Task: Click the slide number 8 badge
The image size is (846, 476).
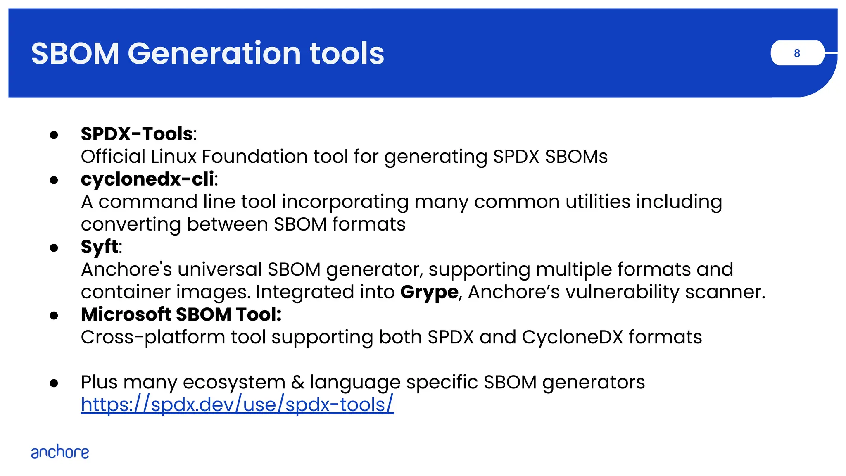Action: (x=797, y=53)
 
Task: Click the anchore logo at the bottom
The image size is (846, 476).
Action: (x=60, y=452)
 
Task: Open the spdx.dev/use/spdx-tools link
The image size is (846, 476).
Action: (x=237, y=405)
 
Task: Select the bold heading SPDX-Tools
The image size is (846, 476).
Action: (x=137, y=134)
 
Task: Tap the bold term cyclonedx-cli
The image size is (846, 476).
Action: (x=147, y=179)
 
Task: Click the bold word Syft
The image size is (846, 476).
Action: (x=100, y=247)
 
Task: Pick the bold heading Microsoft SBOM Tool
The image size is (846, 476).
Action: (x=181, y=314)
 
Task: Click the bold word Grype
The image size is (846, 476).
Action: (x=429, y=292)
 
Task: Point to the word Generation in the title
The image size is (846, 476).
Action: (x=214, y=54)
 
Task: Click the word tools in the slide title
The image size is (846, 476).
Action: (x=347, y=54)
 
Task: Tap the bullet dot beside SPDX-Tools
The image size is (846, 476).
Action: (x=54, y=135)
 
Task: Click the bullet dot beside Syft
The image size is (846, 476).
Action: (x=54, y=248)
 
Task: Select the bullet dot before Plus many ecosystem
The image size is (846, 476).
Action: (x=54, y=383)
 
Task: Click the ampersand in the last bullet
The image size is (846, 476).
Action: (x=297, y=382)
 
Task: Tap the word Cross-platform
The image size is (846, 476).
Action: (x=153, y=337)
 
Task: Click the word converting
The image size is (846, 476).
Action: (x=131, y=224)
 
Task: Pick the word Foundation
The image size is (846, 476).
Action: (x=254, y=157)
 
